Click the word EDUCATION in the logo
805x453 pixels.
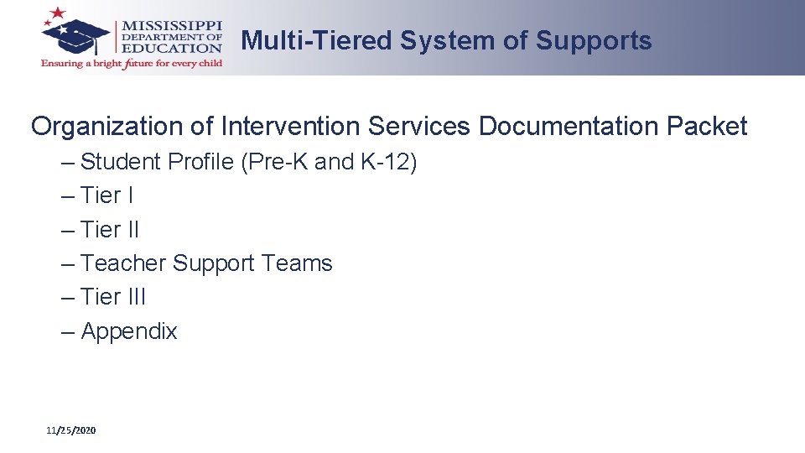point(173,48)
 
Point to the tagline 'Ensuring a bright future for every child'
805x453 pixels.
point(132,64)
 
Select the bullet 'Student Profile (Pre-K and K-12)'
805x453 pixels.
point(248,162)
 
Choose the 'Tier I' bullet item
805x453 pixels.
point(106,195)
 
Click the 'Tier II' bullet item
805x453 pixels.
point(110,229)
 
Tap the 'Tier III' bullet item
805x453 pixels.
point(113,296)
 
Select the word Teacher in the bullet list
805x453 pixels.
point(123,263)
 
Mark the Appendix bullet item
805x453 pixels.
point(129,331)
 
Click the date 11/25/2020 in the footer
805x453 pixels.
point(71,430)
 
